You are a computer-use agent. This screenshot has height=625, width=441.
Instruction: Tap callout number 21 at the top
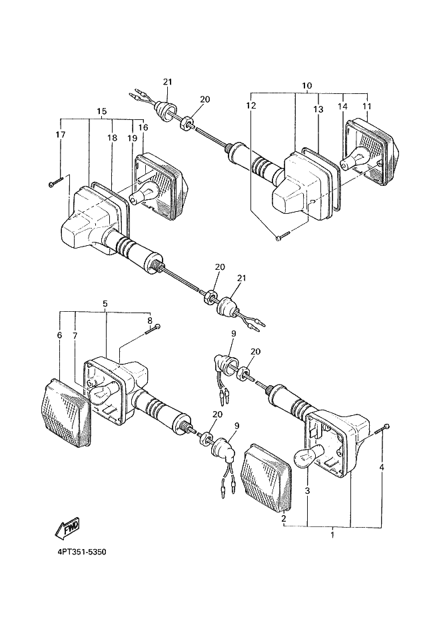(x=167, y=82)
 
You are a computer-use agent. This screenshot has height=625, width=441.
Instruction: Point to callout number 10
(x=307, y=86)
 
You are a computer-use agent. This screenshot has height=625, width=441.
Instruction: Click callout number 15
(x=102, y=111)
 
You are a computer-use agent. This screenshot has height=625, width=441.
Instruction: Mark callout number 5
(x=105, y=304)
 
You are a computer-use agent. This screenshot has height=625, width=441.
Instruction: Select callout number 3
(x=307, y=491)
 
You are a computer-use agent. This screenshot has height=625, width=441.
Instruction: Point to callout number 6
(x=60, y=335)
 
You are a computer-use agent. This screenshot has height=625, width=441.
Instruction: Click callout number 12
(x=251, y=105)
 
